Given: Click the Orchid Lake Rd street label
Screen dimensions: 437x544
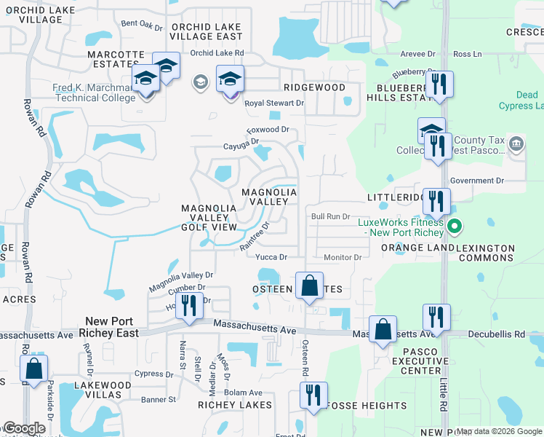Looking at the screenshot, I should click(x=217, y=53).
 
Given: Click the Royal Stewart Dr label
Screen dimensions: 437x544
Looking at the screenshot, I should click(x=273, y=103).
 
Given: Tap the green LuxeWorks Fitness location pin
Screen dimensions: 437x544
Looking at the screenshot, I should click(x=455, y=227).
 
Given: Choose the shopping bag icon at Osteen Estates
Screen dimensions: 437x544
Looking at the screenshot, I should click(x=309, y=286).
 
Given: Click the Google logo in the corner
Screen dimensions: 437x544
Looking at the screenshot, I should click(x=24, y=428).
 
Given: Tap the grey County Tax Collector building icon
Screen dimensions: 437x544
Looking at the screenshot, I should click(x=516, y=143).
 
